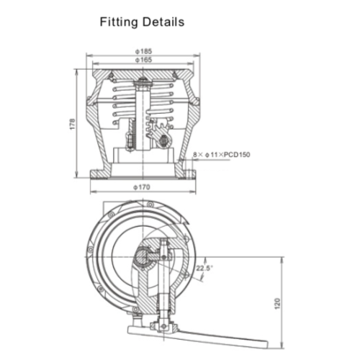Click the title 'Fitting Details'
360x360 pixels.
pyautogui.click(x=141, y=22)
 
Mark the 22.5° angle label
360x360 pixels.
pyautogui.click(x=204, y=269)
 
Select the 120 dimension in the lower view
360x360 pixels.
pyautogui.click(x=276, y=304)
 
